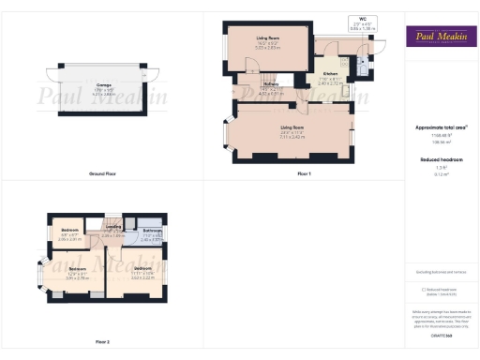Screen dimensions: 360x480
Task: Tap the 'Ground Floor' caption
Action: point(102,174)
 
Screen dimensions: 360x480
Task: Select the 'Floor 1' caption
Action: point(304,174)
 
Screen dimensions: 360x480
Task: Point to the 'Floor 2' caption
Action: point(102,341)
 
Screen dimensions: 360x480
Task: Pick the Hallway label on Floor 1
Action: point(271,85)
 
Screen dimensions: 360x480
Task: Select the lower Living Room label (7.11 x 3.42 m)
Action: point(292,127)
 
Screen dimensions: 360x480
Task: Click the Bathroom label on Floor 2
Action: point(153,231)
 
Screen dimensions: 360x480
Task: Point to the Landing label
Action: point(113,227)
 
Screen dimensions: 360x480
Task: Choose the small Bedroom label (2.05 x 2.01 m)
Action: point(70,231)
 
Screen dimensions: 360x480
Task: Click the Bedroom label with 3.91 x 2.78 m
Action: point(77,273)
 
